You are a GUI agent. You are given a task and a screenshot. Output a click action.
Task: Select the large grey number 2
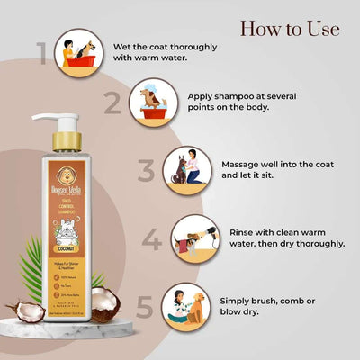pos(112,103)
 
